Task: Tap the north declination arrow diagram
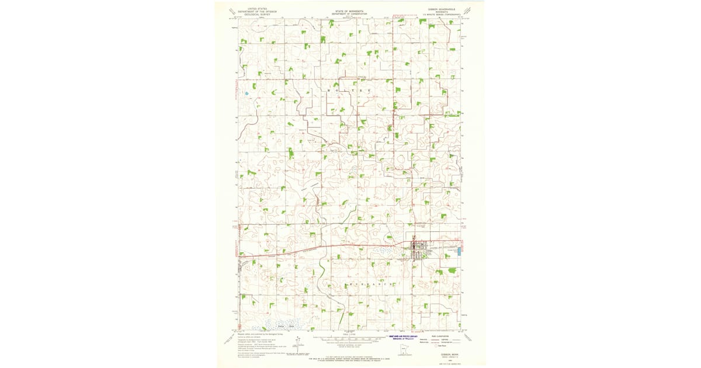pyautogui.click(x=299, y=345)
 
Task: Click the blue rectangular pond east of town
pyautogui.click(x=460, y=251)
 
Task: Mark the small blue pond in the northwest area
pyautogui.click(x=247, y=93)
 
